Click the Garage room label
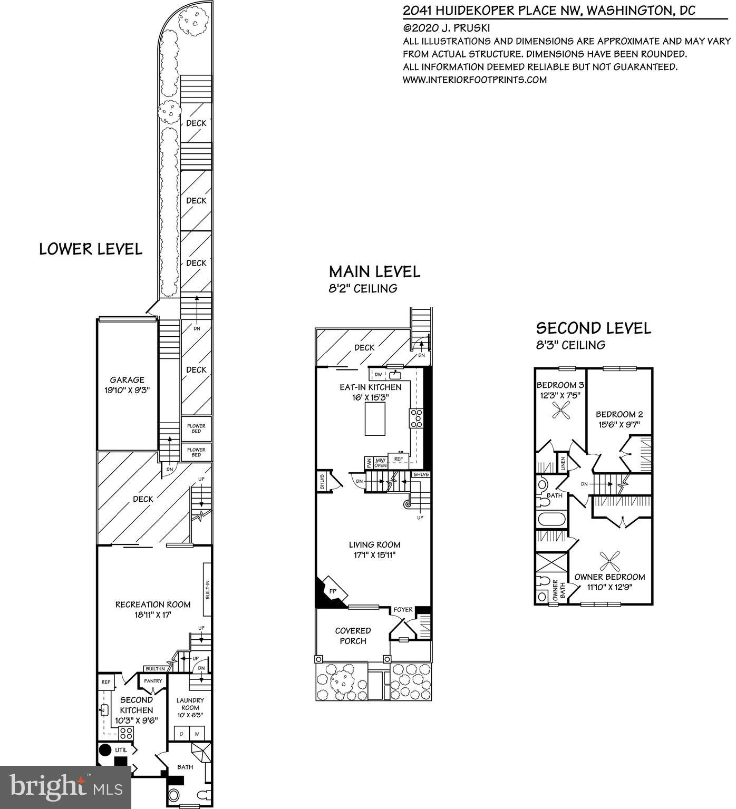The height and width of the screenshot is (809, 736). click(127, 379)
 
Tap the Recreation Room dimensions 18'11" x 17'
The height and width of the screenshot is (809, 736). click(153, 615)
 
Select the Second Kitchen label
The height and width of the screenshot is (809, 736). click(137, 705)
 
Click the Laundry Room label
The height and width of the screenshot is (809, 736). click(190, 704)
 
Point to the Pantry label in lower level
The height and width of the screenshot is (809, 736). click(153, 681)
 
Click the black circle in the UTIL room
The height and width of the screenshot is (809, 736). click(105, 750)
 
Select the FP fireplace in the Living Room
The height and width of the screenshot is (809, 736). click(333, 591)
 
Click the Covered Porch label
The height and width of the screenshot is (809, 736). click(353, 636)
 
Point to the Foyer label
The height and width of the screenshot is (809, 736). click(403, 610)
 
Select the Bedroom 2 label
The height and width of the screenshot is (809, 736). click(619, 414)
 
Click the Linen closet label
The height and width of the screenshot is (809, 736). click(563, 464)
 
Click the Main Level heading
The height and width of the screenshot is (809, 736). click(374, 271)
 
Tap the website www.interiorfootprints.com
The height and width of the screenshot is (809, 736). click(474, 80)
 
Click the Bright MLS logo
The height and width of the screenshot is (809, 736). click(65, 787)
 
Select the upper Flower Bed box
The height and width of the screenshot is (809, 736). click(196, 429)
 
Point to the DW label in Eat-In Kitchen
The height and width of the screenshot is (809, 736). click(378, 375)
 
